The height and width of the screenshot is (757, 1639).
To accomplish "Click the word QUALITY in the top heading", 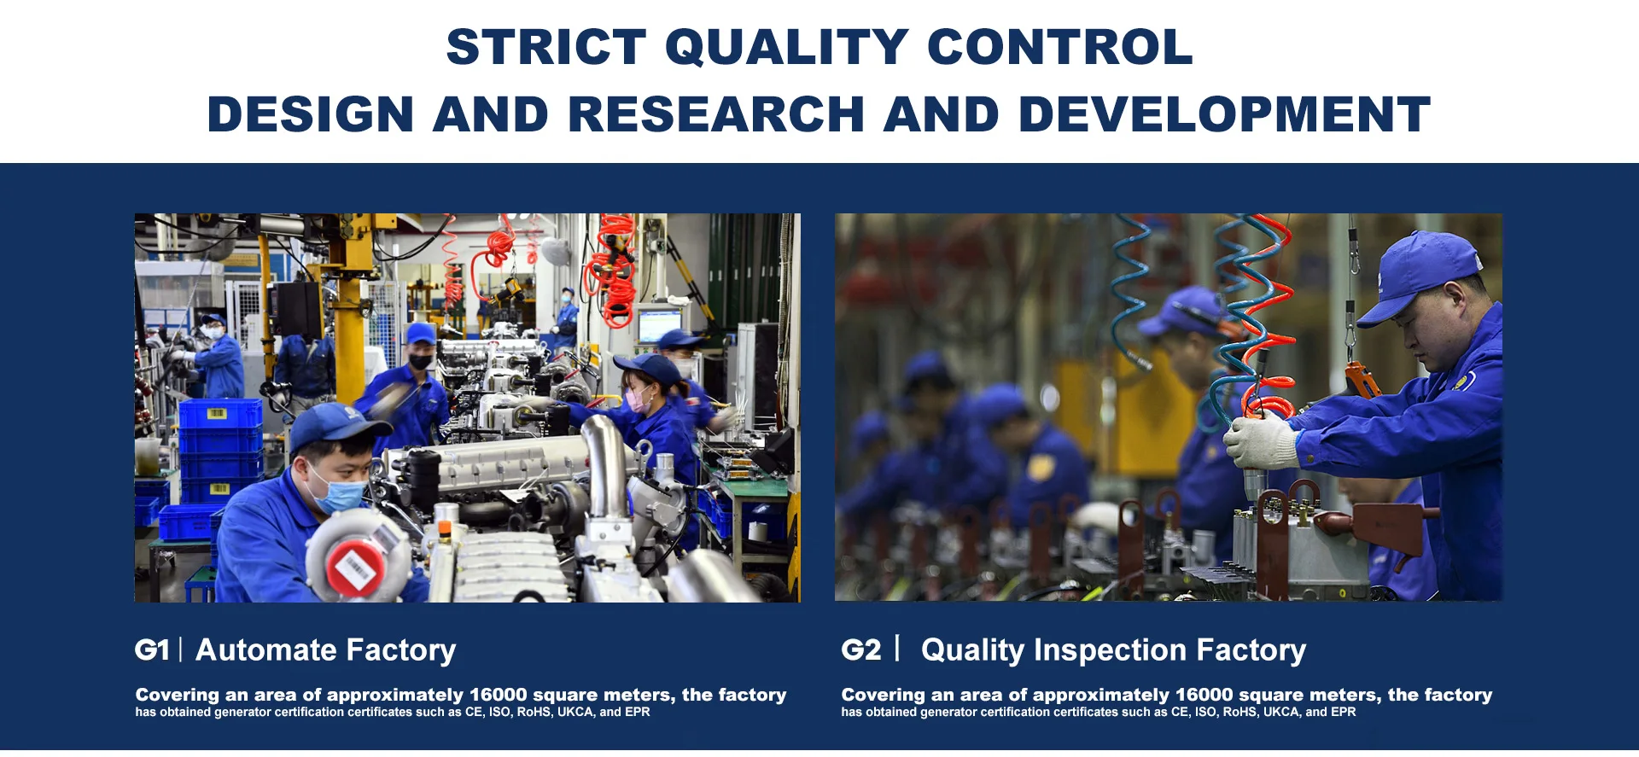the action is click(786, 48).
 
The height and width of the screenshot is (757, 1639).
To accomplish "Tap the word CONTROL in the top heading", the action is click(1059, 47).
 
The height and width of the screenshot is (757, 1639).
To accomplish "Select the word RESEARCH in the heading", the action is click(716, 114).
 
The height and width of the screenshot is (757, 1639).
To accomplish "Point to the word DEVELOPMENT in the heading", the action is click(1224, 114).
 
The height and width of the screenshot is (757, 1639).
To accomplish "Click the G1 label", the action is click(152, 650).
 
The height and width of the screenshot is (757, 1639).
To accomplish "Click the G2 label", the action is click(860, 650).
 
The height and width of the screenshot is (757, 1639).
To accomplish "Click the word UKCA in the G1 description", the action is click(575, 712).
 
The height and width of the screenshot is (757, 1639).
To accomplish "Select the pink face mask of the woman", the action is click(638, 399).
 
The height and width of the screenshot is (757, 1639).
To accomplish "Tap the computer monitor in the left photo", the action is click(658, 325).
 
